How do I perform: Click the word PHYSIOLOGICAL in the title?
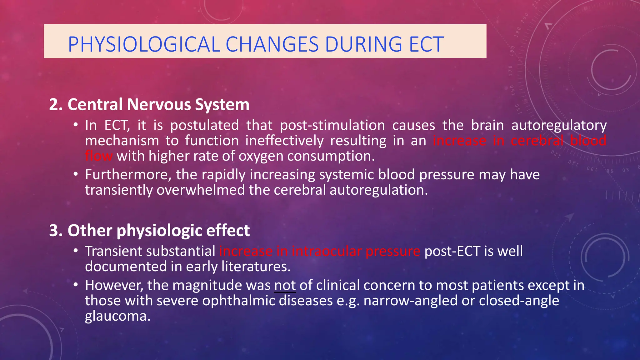(x=144, y=44)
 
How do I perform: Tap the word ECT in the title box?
(x=426, y=44)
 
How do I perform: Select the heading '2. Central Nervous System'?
(x=149, y=104)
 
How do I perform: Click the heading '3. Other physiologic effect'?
(x=149, y=231)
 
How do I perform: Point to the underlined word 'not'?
(x=285, y=285)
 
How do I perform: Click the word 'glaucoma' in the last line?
(x=117, y=316)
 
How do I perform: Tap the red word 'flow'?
(x=99, y=156)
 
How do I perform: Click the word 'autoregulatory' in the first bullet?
(x=559, y=126)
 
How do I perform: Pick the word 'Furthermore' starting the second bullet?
(x=128, y=175)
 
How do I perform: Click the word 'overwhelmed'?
(x=201, y=190)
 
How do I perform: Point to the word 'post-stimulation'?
(x=332, y=125)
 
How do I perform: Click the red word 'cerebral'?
(x=537, y=141)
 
